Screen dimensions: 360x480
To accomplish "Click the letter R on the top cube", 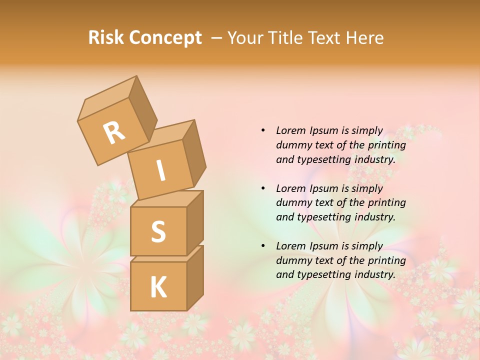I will click(x=114, y=133).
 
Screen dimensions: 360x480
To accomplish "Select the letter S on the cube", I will click(x=158, y=232).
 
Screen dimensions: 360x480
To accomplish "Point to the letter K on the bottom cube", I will click(x=158, y=287).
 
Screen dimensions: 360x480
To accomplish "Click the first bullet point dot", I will click(x=263, y=131).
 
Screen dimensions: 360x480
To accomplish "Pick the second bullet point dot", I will click(x=263, y=188).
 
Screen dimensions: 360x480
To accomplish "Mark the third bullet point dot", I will click(x=263, y=246).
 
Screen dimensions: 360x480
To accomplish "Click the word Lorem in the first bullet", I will click(x=290, y=131).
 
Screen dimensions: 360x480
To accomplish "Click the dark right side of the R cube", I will click(x=143, y=110).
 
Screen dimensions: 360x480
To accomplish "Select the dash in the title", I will click(x=217, y=38).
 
